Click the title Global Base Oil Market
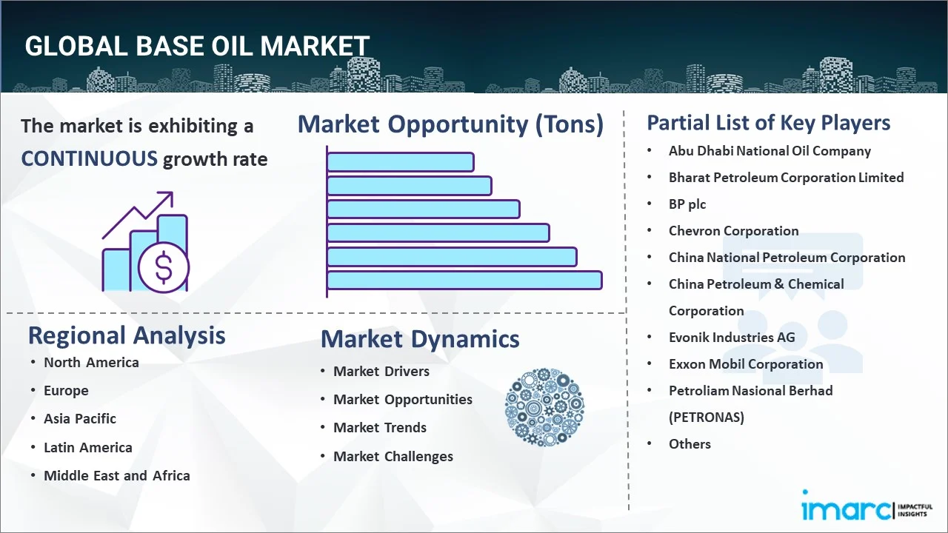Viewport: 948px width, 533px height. tap(197, 46)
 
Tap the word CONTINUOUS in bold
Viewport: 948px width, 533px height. tap(89, 158)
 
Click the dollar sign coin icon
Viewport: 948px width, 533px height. tap(164, 267)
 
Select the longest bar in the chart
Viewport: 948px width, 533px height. tap(464, 280)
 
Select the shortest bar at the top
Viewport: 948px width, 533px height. tap(400, 161)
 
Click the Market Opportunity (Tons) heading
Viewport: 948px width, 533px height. tap(450, 124)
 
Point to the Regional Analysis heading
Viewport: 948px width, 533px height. tap(127, 335)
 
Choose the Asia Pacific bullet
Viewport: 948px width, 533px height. tap(80, 419)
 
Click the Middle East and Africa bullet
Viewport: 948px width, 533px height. tap(117, 476)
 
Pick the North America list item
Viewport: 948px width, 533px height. tap(91, 363)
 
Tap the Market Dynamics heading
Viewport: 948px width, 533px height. tap(420, 339)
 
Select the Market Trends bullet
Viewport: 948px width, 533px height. tap(380, 428)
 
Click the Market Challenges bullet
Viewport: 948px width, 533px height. tap(393, 457)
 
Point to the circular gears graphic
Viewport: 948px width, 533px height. tap(544, 407)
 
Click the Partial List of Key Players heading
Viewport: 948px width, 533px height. tap(769, 123)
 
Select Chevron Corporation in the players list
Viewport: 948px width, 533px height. tap(733, 231)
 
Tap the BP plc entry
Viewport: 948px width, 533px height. tap(687, 204)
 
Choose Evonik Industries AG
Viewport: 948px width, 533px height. tap(732, 338)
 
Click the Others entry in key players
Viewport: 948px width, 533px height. tap(690, 444)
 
